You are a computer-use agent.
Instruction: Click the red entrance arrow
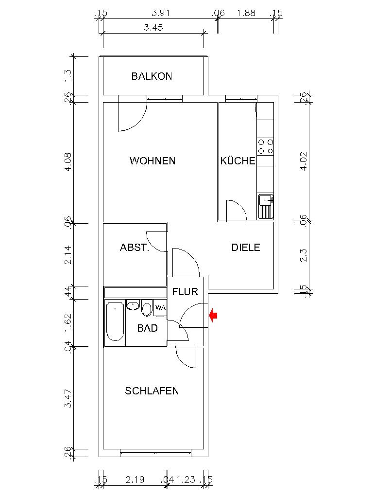tap(213, 316)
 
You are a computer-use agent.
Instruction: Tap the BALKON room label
tap(152, 76)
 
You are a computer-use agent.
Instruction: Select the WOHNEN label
tap(152, 161)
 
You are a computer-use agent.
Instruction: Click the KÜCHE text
tap(237, 161)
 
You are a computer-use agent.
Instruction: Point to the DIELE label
tap(245, 248)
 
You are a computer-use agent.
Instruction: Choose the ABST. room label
tap(135, 248)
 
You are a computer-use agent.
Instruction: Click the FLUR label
tap(185, 292)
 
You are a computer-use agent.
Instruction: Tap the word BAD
tap(147, 328)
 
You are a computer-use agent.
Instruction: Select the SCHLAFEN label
tap(152, 391)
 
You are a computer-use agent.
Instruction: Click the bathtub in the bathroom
tap(115, 321)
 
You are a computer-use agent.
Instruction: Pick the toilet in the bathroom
tap(147, 309)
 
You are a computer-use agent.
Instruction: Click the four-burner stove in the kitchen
tap(265, 146)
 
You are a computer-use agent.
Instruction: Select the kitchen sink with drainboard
tap(265, 206)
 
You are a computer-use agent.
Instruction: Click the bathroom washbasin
tap(133, 305)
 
